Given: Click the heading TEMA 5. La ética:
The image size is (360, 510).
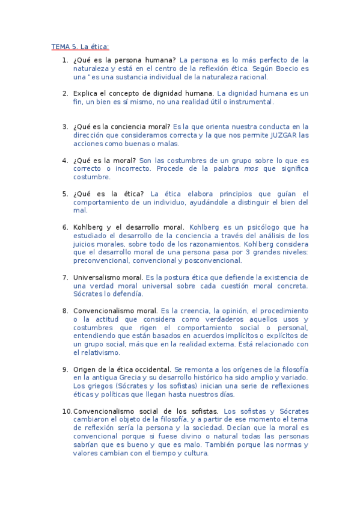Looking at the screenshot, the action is click(80, 46).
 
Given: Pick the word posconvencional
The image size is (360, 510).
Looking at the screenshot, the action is click(212, 261).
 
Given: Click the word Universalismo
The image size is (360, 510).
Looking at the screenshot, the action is click(97, 277).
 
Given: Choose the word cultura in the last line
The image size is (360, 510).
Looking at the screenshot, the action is click(194, 453).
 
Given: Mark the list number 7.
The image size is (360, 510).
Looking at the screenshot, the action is click(65, 277).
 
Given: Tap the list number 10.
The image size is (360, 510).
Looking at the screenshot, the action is click(66, 411).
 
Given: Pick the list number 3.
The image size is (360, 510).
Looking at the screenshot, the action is click(65, 127).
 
